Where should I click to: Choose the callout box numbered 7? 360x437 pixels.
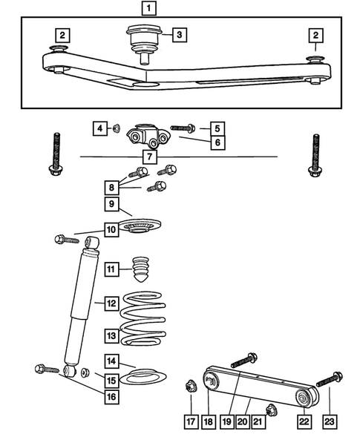(151, 157)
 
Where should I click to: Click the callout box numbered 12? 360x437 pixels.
(111, 303)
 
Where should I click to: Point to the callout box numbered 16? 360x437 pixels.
(111, 398)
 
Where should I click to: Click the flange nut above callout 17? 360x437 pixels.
(190, 385)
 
